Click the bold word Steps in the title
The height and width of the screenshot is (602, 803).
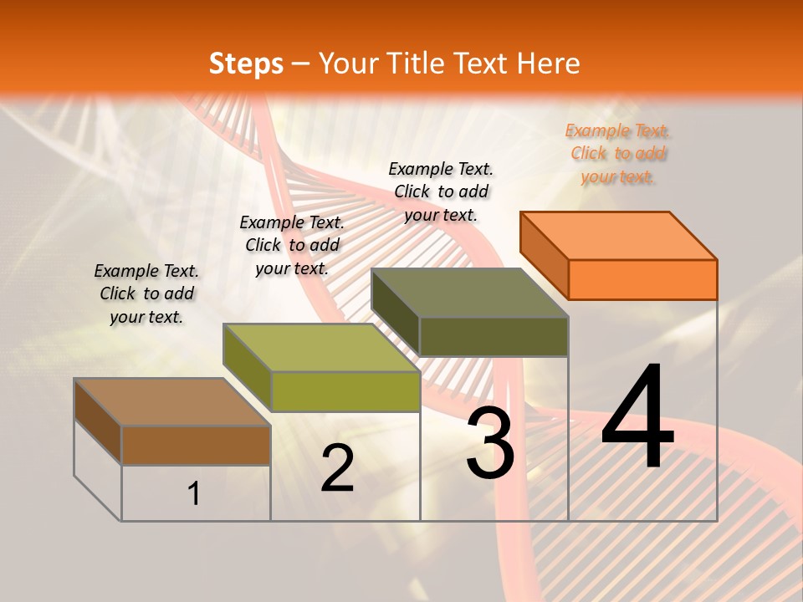(x=245, y=64)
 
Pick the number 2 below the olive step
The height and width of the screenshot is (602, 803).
(x=337, y=468)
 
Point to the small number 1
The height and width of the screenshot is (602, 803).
(x=194, y=493)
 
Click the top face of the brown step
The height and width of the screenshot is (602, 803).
(x=171, y=402)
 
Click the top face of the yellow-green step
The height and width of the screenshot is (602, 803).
(x=321, y=347)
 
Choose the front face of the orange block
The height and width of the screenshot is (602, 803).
(x=642, y=279)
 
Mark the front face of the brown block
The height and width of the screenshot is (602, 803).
(x=196, y=445)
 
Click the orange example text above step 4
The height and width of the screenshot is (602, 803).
(x=617, y=154)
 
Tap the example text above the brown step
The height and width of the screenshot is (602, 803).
(x=146, y=294)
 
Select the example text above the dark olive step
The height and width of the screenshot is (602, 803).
(x=441, y=191)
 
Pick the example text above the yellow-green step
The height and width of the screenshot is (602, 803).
(x=292, y=245)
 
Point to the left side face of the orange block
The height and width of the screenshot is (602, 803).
(x=544, y=255)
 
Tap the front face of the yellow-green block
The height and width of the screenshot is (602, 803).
(x=345, y=391)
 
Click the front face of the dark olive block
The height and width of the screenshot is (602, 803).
(x=494, y=336)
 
